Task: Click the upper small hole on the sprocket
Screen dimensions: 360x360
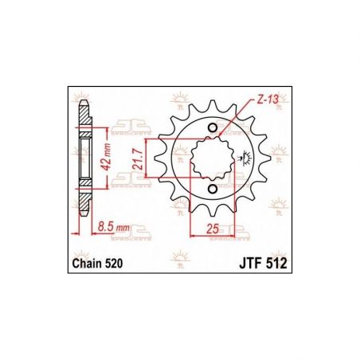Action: [211, 130]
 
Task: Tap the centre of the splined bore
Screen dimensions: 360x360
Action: [211, 158]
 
